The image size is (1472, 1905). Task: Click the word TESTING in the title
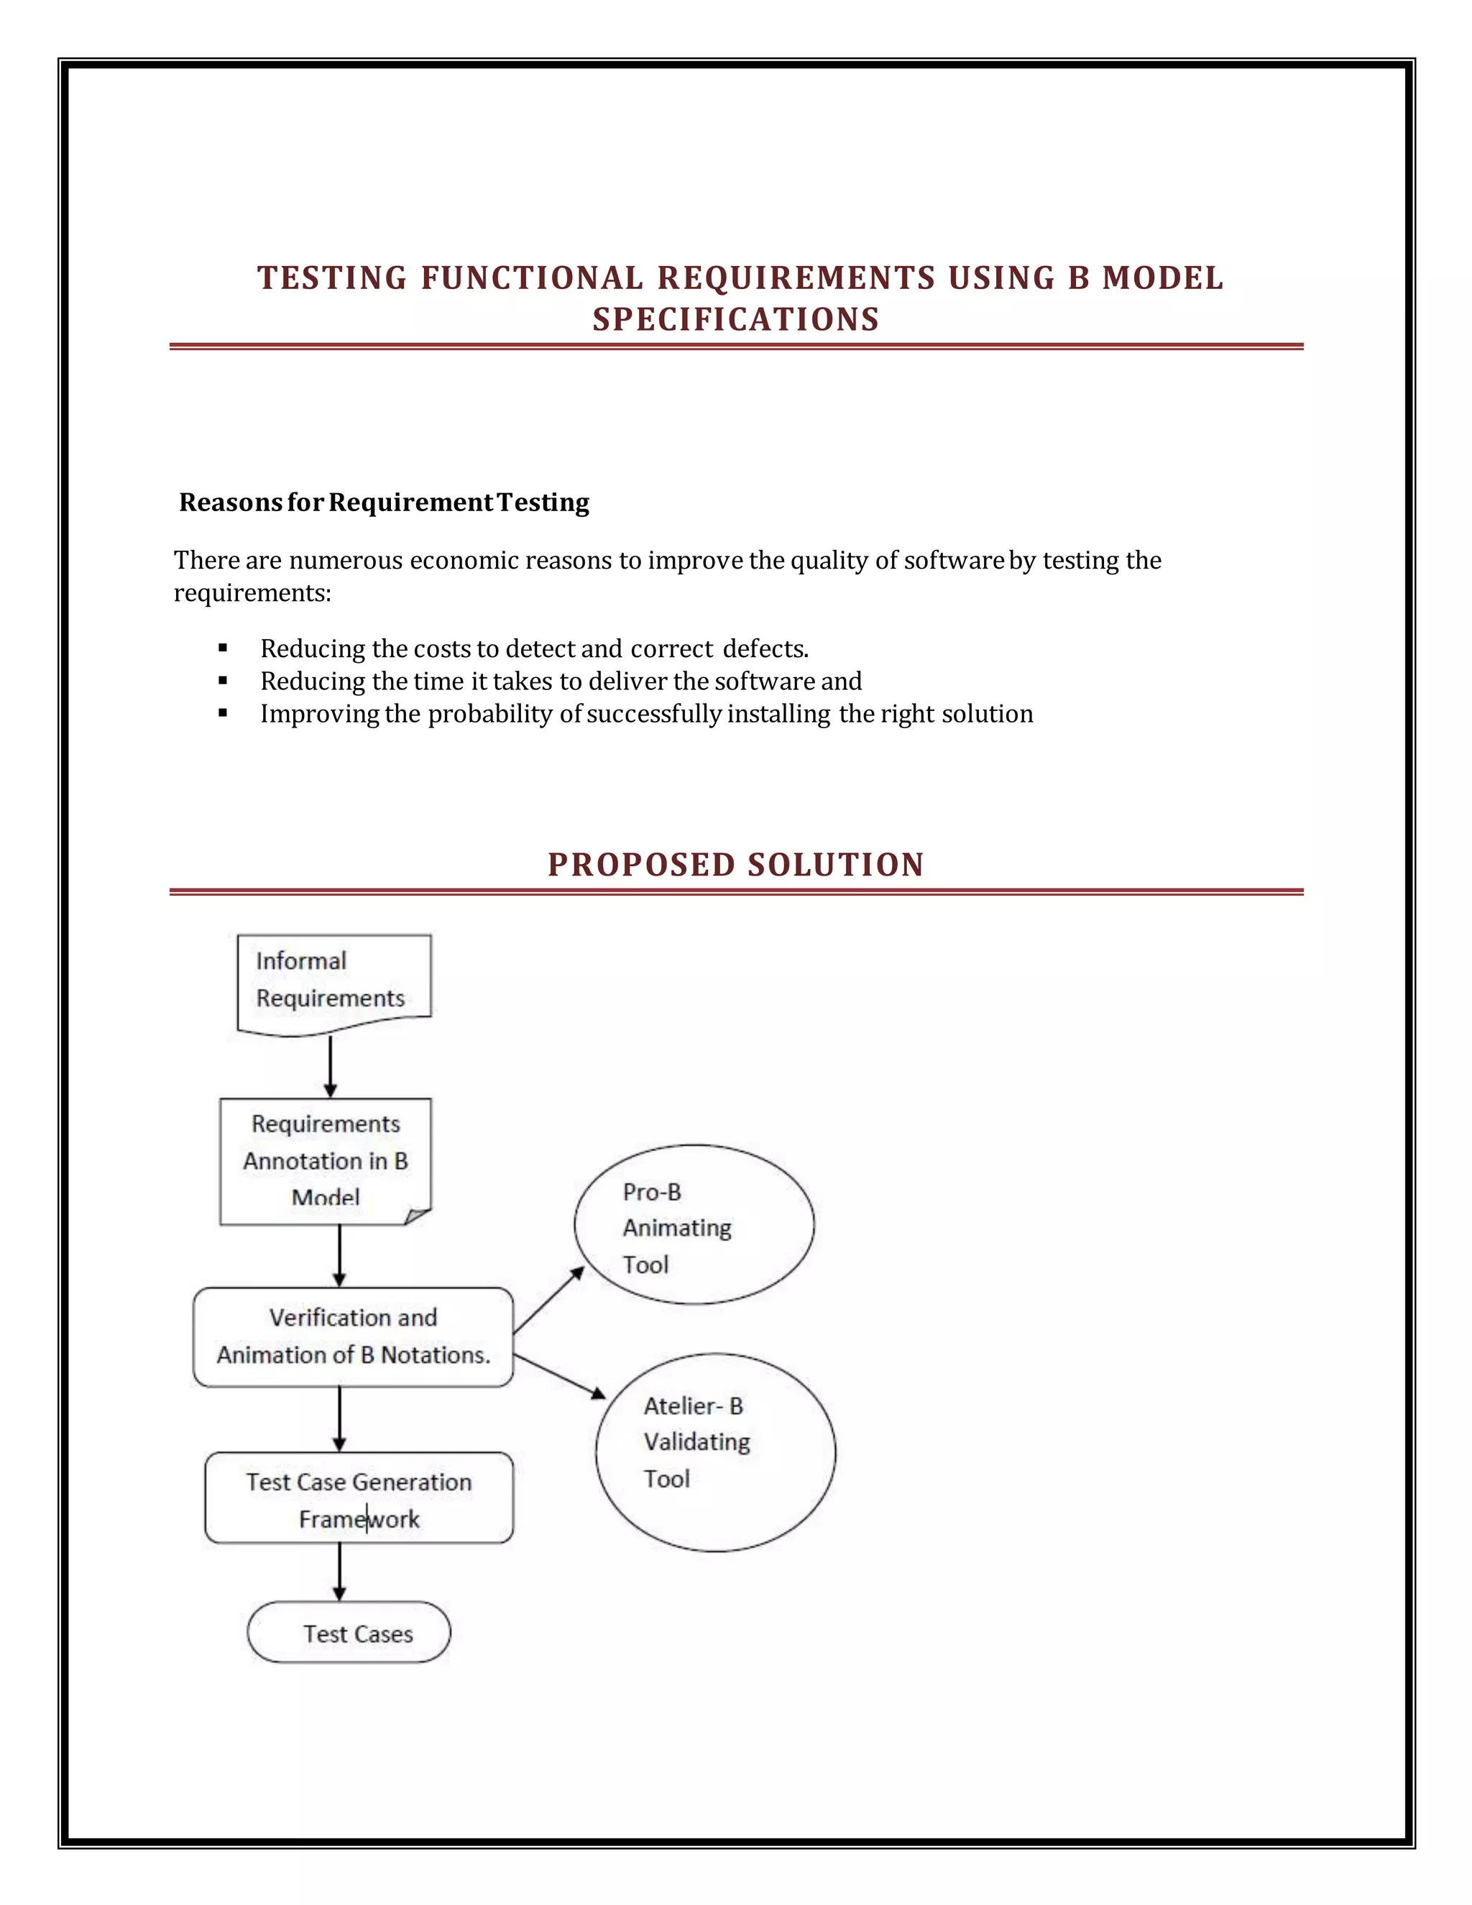(x=332, y=278)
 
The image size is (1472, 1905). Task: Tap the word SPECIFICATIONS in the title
(x=736, y=319)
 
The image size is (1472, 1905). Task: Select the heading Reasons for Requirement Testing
(x=384, y=502)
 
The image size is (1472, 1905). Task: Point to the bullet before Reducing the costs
(x=224, y=648)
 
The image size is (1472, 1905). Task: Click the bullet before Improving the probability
(x=224, y=712)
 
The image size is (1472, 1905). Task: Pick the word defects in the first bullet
(x=765, y=649)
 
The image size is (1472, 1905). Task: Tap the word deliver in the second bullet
(x=628, y=681)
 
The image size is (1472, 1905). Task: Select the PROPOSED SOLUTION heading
(x=736, y=864)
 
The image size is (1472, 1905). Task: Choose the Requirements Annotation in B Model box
(x=326, y=1160)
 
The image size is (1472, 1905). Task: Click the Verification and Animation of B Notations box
(x=353, y=1336)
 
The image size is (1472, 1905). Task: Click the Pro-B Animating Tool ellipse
(x=694, y=1226)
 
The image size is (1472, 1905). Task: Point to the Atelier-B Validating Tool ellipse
(x=715, y=1452)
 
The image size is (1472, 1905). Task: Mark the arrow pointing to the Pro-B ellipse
(x=549, y=1300)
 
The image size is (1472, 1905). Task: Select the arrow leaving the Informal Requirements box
(x=331, y=1066)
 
